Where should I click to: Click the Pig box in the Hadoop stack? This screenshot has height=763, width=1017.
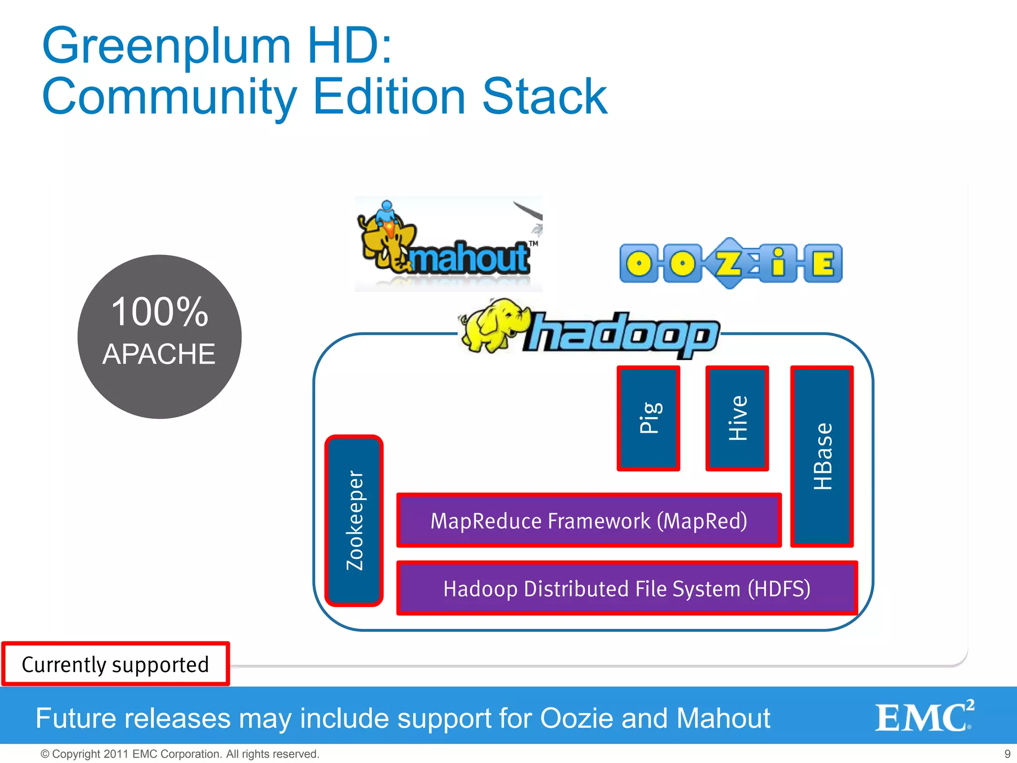649,419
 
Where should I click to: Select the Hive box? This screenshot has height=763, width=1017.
737,419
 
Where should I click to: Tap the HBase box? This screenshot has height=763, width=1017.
822,457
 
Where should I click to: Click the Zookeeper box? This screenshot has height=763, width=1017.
354,521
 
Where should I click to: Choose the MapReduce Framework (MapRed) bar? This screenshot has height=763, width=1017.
589,521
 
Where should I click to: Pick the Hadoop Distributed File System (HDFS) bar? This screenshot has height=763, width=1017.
627,588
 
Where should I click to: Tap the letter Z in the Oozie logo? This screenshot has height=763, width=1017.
728,263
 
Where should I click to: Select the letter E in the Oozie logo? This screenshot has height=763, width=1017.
823,263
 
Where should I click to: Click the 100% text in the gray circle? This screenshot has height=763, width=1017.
159,312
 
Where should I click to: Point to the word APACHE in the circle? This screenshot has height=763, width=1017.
159,354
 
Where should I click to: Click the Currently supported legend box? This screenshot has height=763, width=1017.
115,664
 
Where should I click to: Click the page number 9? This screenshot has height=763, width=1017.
1007,754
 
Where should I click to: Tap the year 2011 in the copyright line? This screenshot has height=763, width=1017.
117,754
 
